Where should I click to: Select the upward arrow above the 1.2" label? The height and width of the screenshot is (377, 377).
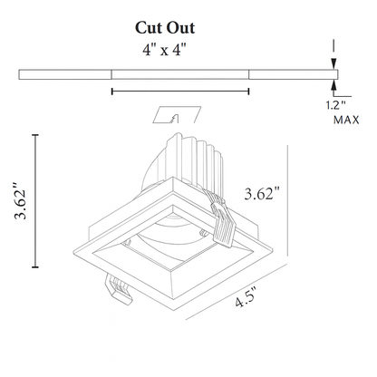pos(335,87)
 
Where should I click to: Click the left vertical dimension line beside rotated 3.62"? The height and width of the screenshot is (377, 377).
pos(36,201)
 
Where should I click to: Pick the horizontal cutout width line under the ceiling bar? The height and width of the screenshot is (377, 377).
pos(179,91)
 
